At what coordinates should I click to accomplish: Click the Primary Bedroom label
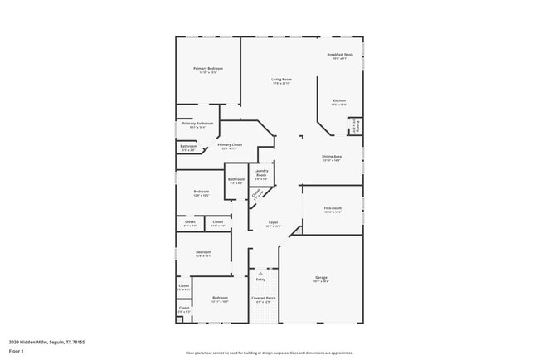(x=208, y=70)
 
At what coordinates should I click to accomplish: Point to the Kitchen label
(x=339, y=102)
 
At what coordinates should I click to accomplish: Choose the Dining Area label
(x=332, y=158)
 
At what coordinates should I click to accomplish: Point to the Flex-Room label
(x=333, y=209)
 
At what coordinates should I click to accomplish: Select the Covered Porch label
(x=263, y=299)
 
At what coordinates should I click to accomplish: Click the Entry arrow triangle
(x=260, y=271)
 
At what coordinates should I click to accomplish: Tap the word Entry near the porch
(x=260, y=279)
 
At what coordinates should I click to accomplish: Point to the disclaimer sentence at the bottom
(x=269, y=351)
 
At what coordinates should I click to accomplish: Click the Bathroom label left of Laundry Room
(x=236, y=180)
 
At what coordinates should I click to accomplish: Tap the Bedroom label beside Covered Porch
(x=220, y=299)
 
